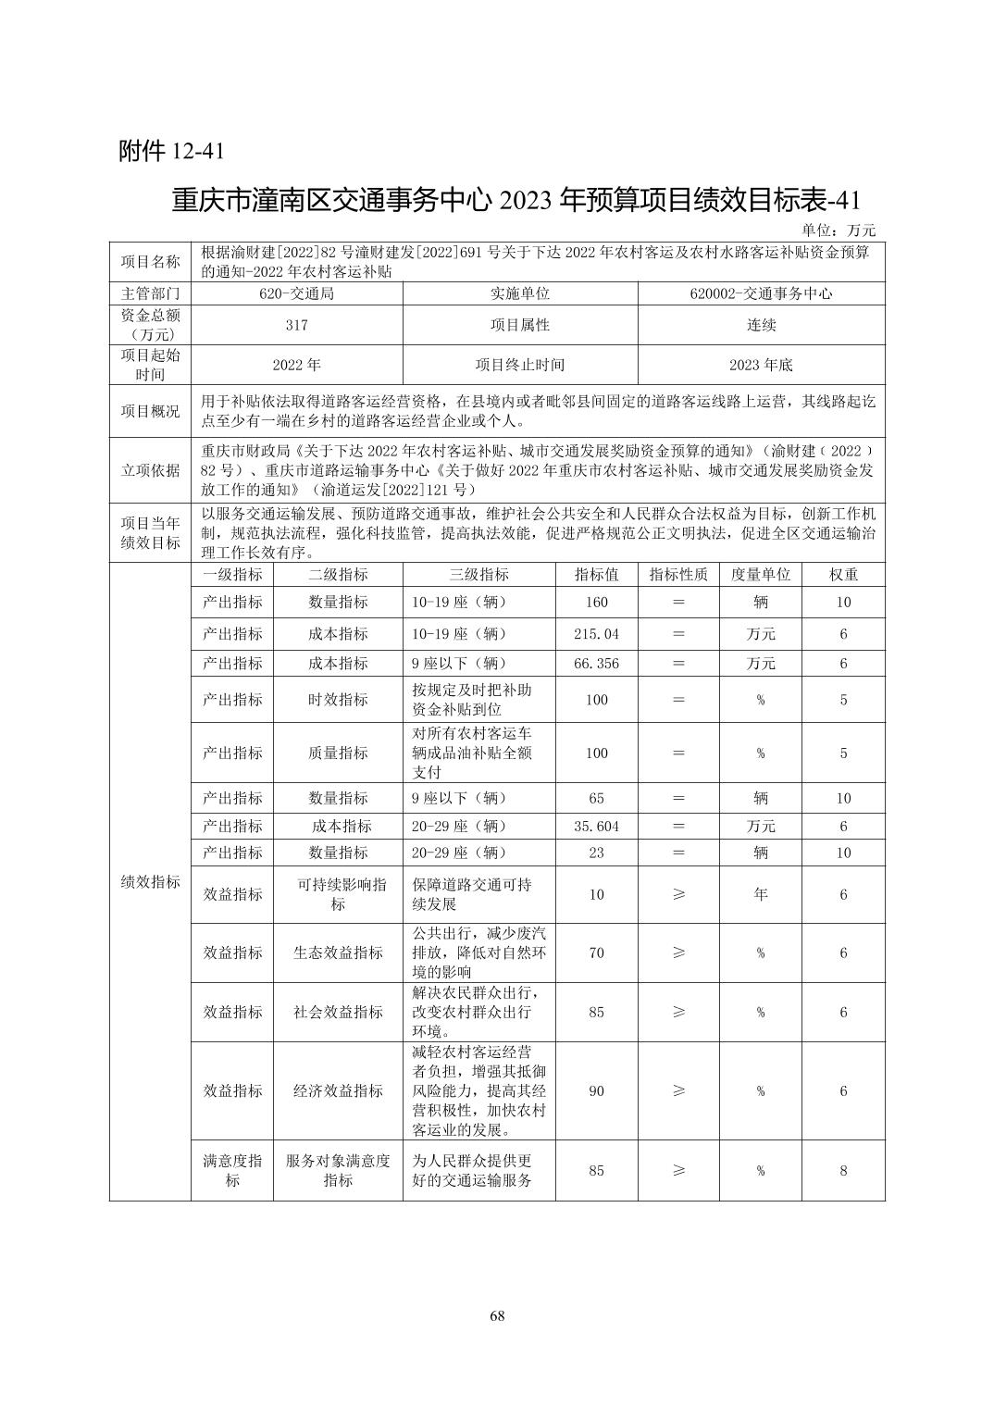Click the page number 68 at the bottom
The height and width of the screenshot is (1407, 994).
(x=497, y=1316)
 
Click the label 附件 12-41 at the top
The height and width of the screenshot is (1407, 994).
(x=171, y=151)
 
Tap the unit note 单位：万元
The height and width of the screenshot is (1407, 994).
(x=838, y=230)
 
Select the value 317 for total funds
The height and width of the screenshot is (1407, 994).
(x=296, y=325)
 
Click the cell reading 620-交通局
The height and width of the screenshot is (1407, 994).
(x=296, y=293)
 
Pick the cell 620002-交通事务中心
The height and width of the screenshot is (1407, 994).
(x=761, y=293)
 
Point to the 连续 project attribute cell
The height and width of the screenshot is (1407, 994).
(x=761, y=325)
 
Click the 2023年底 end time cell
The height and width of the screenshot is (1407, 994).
(x=761, y=365)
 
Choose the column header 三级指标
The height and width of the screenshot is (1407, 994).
(x=478, y=575)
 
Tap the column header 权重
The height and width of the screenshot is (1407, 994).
(x=843, y=575)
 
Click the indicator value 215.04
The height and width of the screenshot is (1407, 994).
(x=597, y=634)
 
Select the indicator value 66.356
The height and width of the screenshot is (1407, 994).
(x=597, y=664)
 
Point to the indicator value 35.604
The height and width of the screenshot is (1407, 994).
(x=597, y=827)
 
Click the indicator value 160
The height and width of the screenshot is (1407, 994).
(x=597, y=603)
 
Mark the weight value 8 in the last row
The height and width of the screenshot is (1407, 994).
(x=843, y=1171)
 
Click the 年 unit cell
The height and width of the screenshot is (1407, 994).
(x=761, y=894)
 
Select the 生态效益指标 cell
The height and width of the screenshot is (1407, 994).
(x=338, y=953)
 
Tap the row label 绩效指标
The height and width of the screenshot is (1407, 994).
(x=150, y=882)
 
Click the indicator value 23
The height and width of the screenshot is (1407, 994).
(x=597, y=853)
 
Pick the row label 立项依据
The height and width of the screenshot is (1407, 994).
(x=150, y=470)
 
